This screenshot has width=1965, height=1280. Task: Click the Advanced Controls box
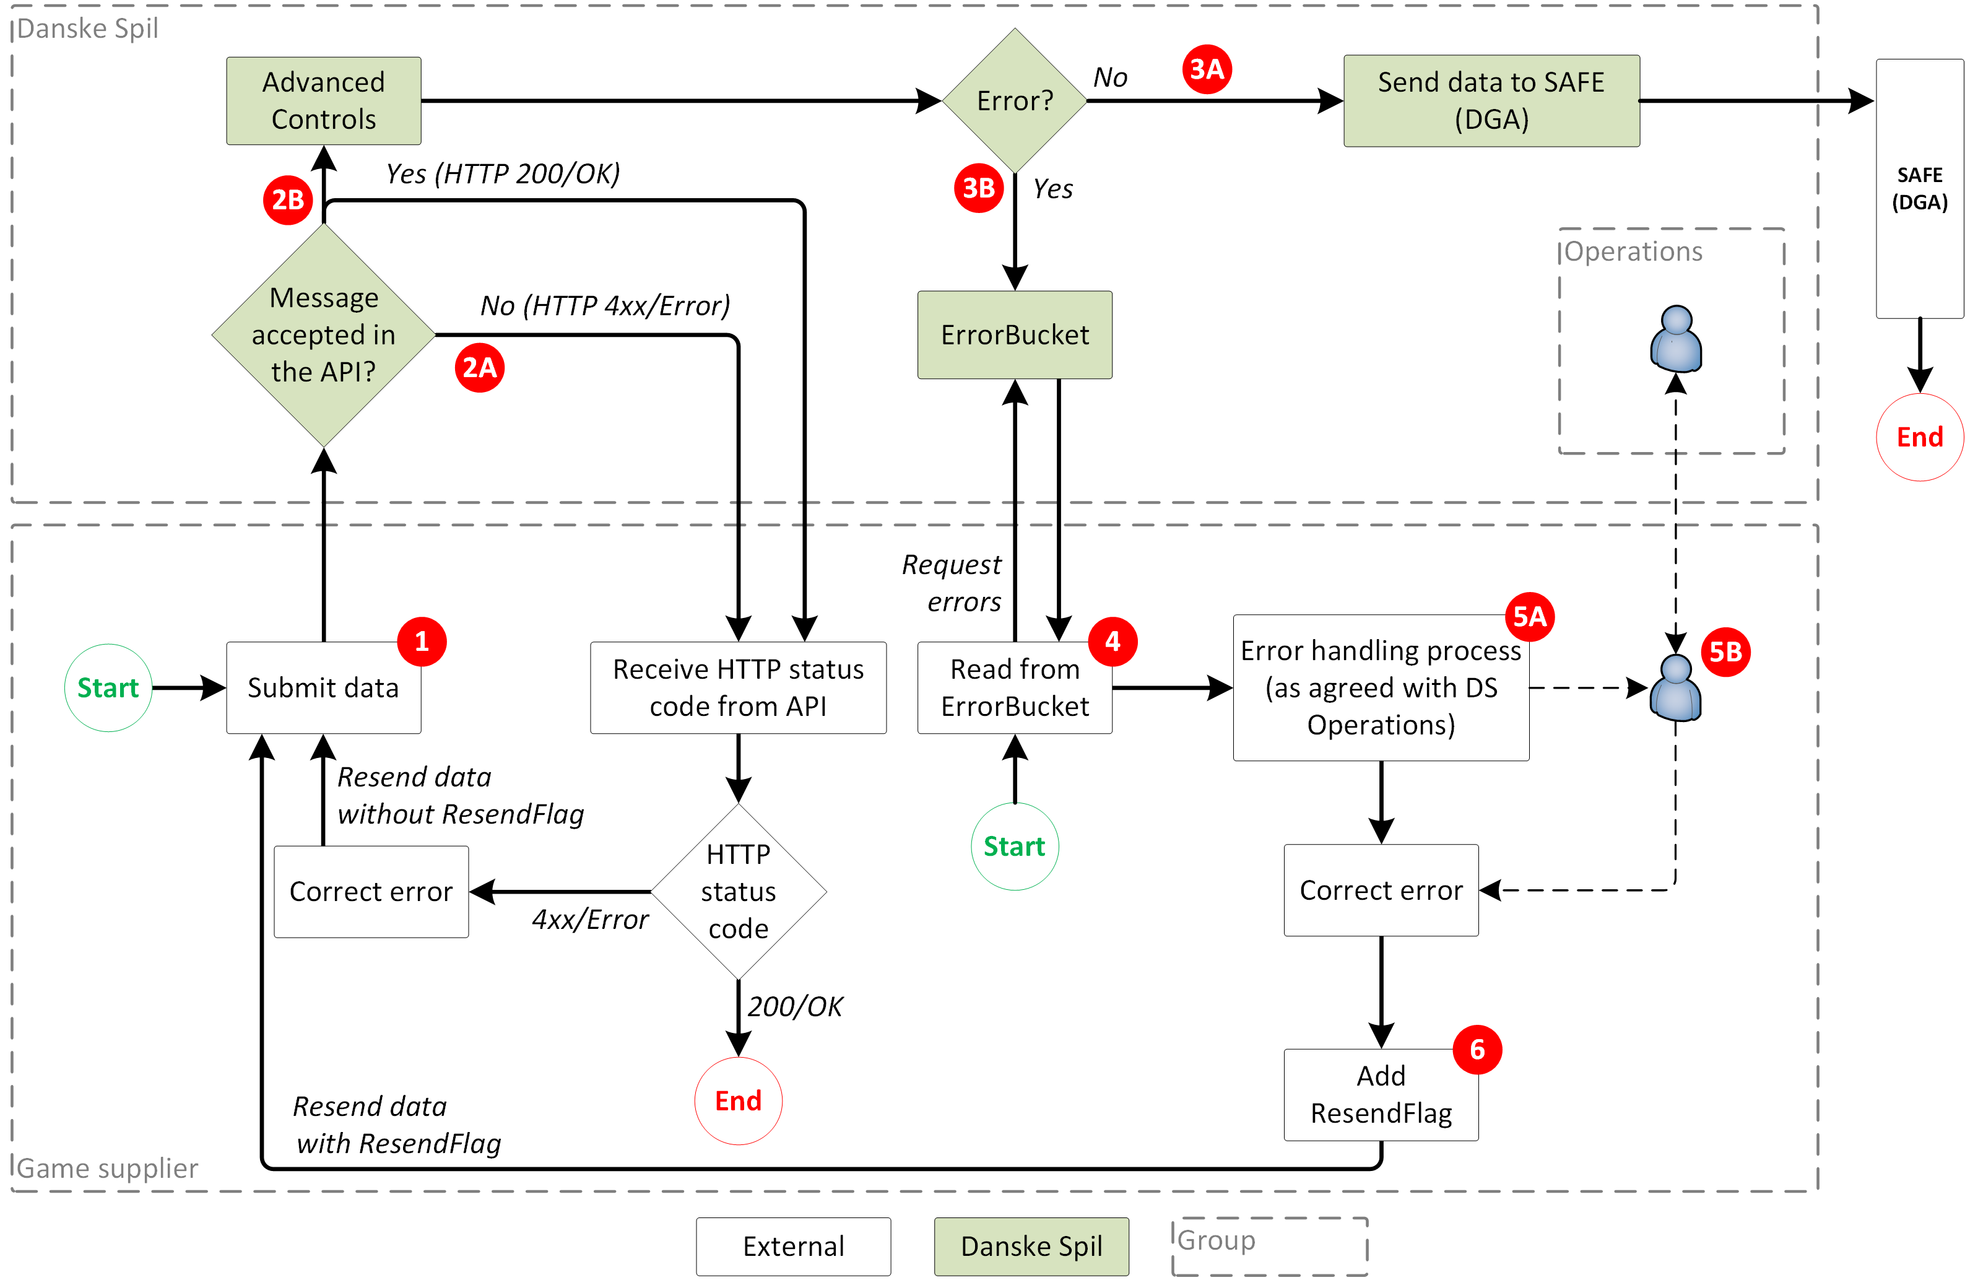click(324, 101)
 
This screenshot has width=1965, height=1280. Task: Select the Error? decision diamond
click(1015, 101)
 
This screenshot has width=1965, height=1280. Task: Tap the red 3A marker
click(1206, 69)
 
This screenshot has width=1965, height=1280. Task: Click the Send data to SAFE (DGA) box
click(1491, 101)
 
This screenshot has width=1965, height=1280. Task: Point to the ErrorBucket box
click(1015, 334)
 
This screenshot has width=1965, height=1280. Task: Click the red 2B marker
click(287, 200)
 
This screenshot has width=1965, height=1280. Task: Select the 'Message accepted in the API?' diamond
click(324, 334)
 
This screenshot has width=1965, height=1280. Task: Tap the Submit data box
click(324, 687)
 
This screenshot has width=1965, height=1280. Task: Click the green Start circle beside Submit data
click(108, 687)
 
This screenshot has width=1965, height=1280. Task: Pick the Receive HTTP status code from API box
click(738, 687)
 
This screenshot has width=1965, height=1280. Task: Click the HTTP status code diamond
click(738, 891)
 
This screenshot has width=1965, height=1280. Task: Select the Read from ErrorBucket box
click(1015, 687)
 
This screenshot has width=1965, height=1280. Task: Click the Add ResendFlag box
click(1381, 1094)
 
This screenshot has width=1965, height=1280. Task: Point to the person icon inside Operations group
click(1675, 339)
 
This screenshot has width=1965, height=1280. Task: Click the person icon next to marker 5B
click(1675, 688)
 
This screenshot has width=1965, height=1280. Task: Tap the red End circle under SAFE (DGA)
click(1920, 437)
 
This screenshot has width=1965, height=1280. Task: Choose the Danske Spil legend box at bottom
click(1031, 1246)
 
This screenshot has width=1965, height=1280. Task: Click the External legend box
click(794, 1246)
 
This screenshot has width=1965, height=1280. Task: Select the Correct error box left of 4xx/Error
click(371, 891)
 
